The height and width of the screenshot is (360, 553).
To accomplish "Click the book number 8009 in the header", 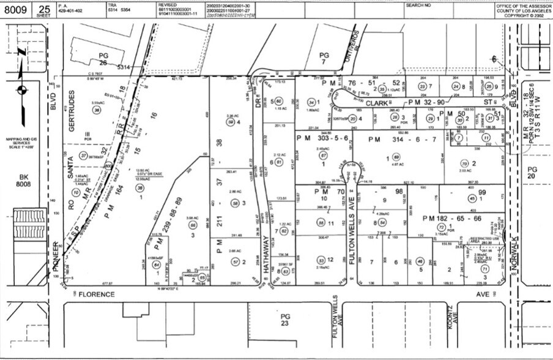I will click(18, 9).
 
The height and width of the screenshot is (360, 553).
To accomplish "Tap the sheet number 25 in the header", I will click(44, 8).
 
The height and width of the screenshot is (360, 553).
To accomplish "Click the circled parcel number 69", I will click(396, 157).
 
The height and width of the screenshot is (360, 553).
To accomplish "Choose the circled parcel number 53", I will click(320, 260).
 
